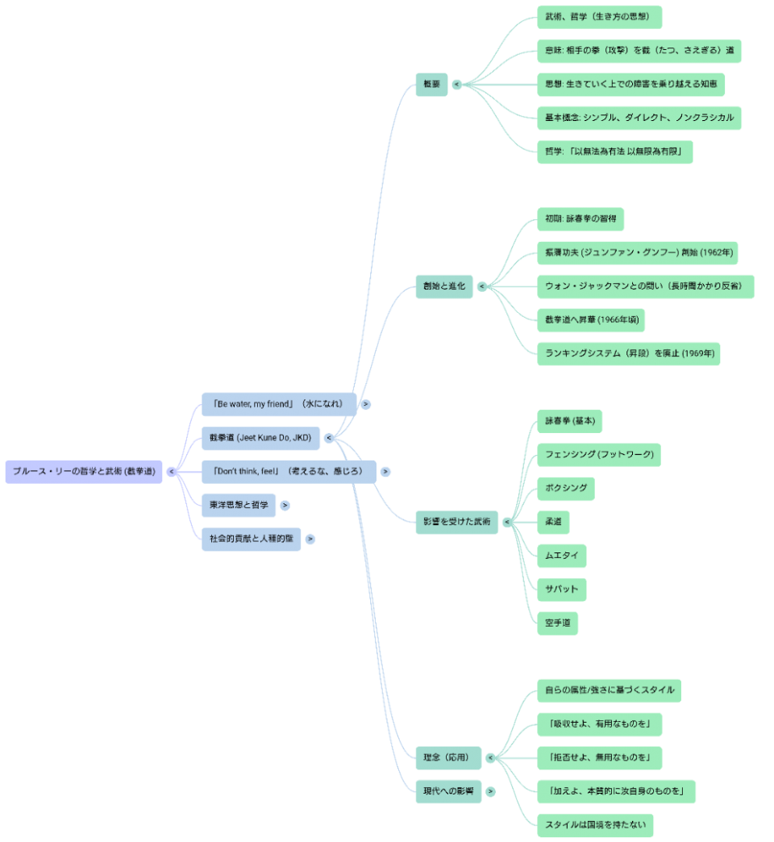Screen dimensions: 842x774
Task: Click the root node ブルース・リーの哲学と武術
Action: coord(84,472)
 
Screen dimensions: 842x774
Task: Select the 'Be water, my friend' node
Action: coord(278,404)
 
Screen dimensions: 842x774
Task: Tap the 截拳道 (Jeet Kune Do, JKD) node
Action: coord(261,438)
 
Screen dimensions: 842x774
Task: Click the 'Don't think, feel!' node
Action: coord(288,472)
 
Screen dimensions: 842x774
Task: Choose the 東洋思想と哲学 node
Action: coord(238,506)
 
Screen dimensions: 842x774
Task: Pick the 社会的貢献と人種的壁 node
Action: coord(251,540)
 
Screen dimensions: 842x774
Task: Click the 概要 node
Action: coord(431,84)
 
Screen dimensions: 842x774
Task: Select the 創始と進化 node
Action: coord(444,286)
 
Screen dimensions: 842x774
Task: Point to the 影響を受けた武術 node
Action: coord(456,522)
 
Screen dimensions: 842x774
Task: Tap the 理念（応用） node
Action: coord(447,758)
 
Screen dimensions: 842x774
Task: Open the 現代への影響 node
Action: coord(447,792)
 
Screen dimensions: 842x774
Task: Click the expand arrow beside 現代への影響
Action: coord(490,792)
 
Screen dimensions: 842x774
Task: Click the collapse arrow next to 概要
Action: coord(457,84)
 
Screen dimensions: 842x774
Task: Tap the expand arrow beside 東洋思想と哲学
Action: coord(285,506)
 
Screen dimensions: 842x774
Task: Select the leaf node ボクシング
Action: coord(566,489)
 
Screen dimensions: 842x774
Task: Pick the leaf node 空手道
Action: coord(557,623)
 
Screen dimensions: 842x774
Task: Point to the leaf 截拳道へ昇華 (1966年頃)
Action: coord(591,320)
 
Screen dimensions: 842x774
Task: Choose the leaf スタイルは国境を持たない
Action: coord(595,826)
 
